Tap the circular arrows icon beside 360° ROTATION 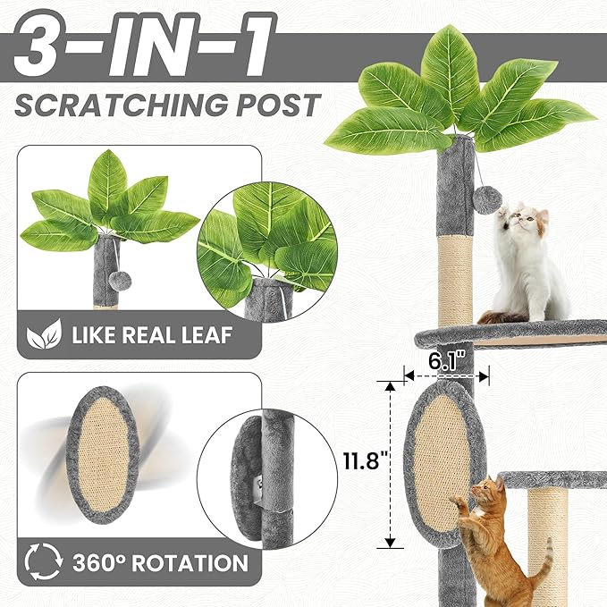41,562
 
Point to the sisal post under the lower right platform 547,536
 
